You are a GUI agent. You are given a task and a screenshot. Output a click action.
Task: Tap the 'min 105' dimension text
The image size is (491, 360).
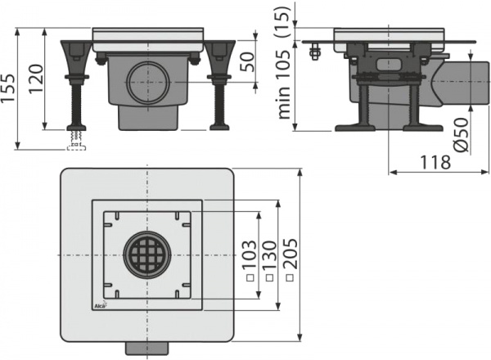(x=286, y=82)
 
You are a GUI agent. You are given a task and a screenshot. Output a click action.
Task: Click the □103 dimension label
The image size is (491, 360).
(x=246, y=261)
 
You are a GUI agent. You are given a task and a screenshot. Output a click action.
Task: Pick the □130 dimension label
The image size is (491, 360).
(x=267, y=260)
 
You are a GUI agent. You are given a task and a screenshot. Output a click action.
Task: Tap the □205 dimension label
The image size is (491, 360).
(x=289, y=260)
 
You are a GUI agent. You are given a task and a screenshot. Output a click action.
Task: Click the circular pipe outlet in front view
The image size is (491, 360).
(x=148, y=82)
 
